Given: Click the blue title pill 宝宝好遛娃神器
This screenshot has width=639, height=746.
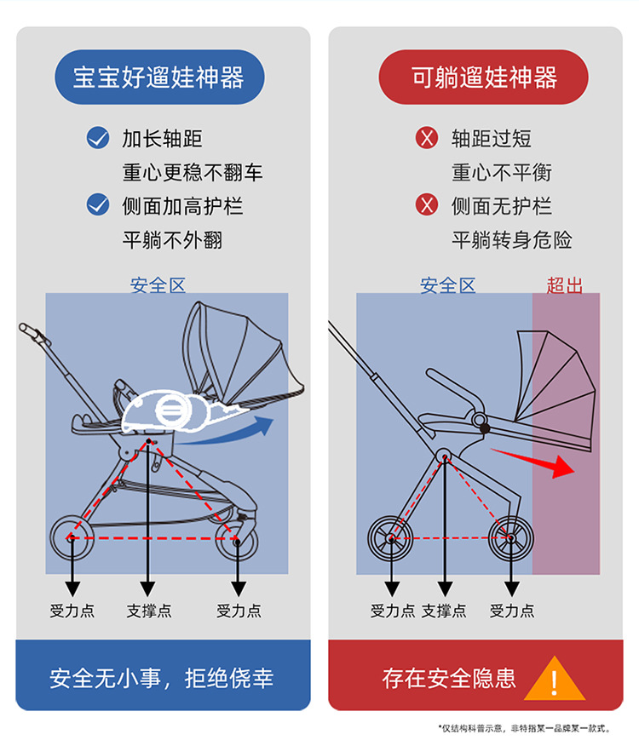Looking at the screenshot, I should (158, 78).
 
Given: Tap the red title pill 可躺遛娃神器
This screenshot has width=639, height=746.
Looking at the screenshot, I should (483, 78).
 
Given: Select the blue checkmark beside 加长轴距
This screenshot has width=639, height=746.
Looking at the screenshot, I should (98, 138).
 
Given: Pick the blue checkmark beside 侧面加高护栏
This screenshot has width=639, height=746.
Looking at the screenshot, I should (98, 205).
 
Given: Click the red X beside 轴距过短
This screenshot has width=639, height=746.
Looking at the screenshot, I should (426, 138).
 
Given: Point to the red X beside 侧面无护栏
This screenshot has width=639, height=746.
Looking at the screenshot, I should (426, 205).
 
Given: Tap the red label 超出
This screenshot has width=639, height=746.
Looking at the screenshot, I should (564, 286).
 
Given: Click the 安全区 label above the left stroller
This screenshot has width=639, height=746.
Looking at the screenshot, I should (158, 286).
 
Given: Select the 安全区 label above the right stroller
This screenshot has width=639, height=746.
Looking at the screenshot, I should (447, 286).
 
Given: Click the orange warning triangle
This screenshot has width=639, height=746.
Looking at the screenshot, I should (555, 679).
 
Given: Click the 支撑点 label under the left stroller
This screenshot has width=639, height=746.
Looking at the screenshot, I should (148, 611).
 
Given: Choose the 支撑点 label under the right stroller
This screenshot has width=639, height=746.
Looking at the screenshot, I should (444, 611).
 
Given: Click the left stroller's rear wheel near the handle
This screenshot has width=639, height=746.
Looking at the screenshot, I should (70, 537).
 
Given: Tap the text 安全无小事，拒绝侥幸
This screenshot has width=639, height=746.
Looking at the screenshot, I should (162, 679).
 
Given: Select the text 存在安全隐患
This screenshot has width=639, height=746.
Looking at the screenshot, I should (449, 679).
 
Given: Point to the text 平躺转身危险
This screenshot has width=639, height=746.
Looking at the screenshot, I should (511, 240).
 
